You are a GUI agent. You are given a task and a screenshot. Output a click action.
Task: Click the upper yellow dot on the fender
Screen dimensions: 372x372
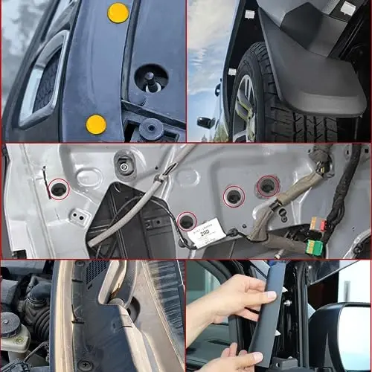click(x=118, y=12)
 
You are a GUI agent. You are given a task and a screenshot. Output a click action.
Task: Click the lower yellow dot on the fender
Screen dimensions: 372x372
click(x=96, y=124)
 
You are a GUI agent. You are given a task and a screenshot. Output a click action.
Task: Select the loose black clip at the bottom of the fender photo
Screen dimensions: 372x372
click(x=152, y=129)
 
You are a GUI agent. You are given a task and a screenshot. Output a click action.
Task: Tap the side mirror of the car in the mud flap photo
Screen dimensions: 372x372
click(x=206, y=122)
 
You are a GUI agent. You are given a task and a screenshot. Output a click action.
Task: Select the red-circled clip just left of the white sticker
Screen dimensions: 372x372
click(x=187, y=220)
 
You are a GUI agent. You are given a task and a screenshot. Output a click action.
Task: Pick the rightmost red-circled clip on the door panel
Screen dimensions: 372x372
click(x=266, y=186)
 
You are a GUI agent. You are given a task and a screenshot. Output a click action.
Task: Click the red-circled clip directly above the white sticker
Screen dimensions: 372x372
click(x=234, y=197)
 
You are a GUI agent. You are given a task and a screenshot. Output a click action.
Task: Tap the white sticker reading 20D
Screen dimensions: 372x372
click(x=205, y=232)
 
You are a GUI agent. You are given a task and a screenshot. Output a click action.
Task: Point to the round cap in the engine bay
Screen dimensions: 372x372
click(x=9, y=322)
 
